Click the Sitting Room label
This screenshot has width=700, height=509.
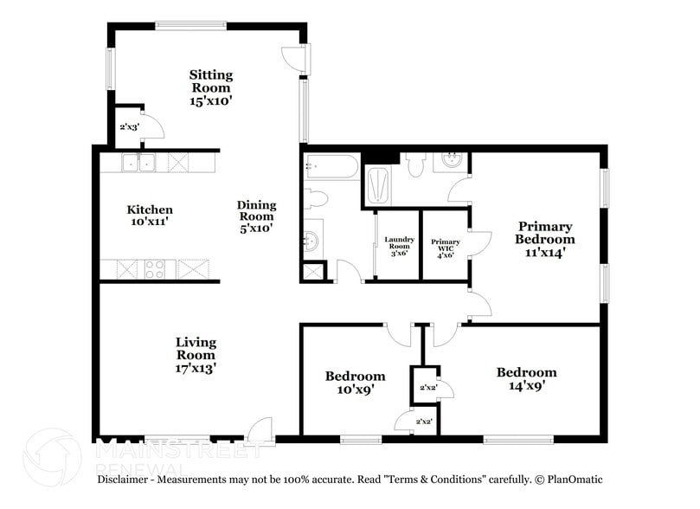(x=211, y=87)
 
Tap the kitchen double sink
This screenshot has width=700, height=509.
(x=138, y=162)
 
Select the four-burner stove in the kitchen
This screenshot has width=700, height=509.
(x=155, y=268)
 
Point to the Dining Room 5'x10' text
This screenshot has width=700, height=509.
(x=257, y=216)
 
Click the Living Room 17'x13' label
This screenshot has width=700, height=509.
(x=196, y=355)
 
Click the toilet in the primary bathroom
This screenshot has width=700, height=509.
(x=415, y=164)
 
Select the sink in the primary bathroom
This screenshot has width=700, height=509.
(x=452, y=161)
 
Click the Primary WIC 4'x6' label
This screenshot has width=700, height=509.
(x=446, y=248)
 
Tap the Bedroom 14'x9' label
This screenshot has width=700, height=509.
(x=526, y=379)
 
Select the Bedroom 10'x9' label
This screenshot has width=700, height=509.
(x=355, y=383)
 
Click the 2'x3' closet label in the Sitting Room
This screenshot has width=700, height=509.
(x=129, y=127)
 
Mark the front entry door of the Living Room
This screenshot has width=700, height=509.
(x=258, y=431)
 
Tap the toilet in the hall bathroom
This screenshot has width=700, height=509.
(x=315, y=199)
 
